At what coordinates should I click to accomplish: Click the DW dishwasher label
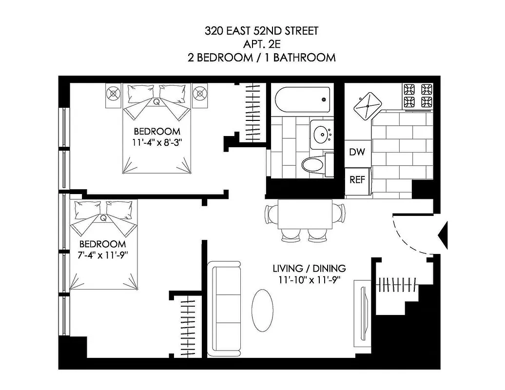click(357, 152)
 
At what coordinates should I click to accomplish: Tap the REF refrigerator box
click(357, 179)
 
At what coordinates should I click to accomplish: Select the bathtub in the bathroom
click(302, 99)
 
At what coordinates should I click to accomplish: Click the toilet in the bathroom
click(314, 164)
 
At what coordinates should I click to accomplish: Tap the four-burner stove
click(418, 96)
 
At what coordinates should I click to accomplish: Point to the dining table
click(305, 214)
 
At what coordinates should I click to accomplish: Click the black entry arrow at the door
click(444, 235)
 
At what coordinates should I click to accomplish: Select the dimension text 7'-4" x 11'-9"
click(102, 255)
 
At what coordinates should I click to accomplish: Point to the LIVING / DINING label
click(309, 269)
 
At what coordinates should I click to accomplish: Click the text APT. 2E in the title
click(261, 44)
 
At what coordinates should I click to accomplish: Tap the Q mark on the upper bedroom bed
click(156, 102)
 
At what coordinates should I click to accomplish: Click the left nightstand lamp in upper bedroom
click(113, 93)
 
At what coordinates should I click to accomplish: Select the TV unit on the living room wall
click(363, 310)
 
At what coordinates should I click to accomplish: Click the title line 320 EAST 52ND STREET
click(261, 32)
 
